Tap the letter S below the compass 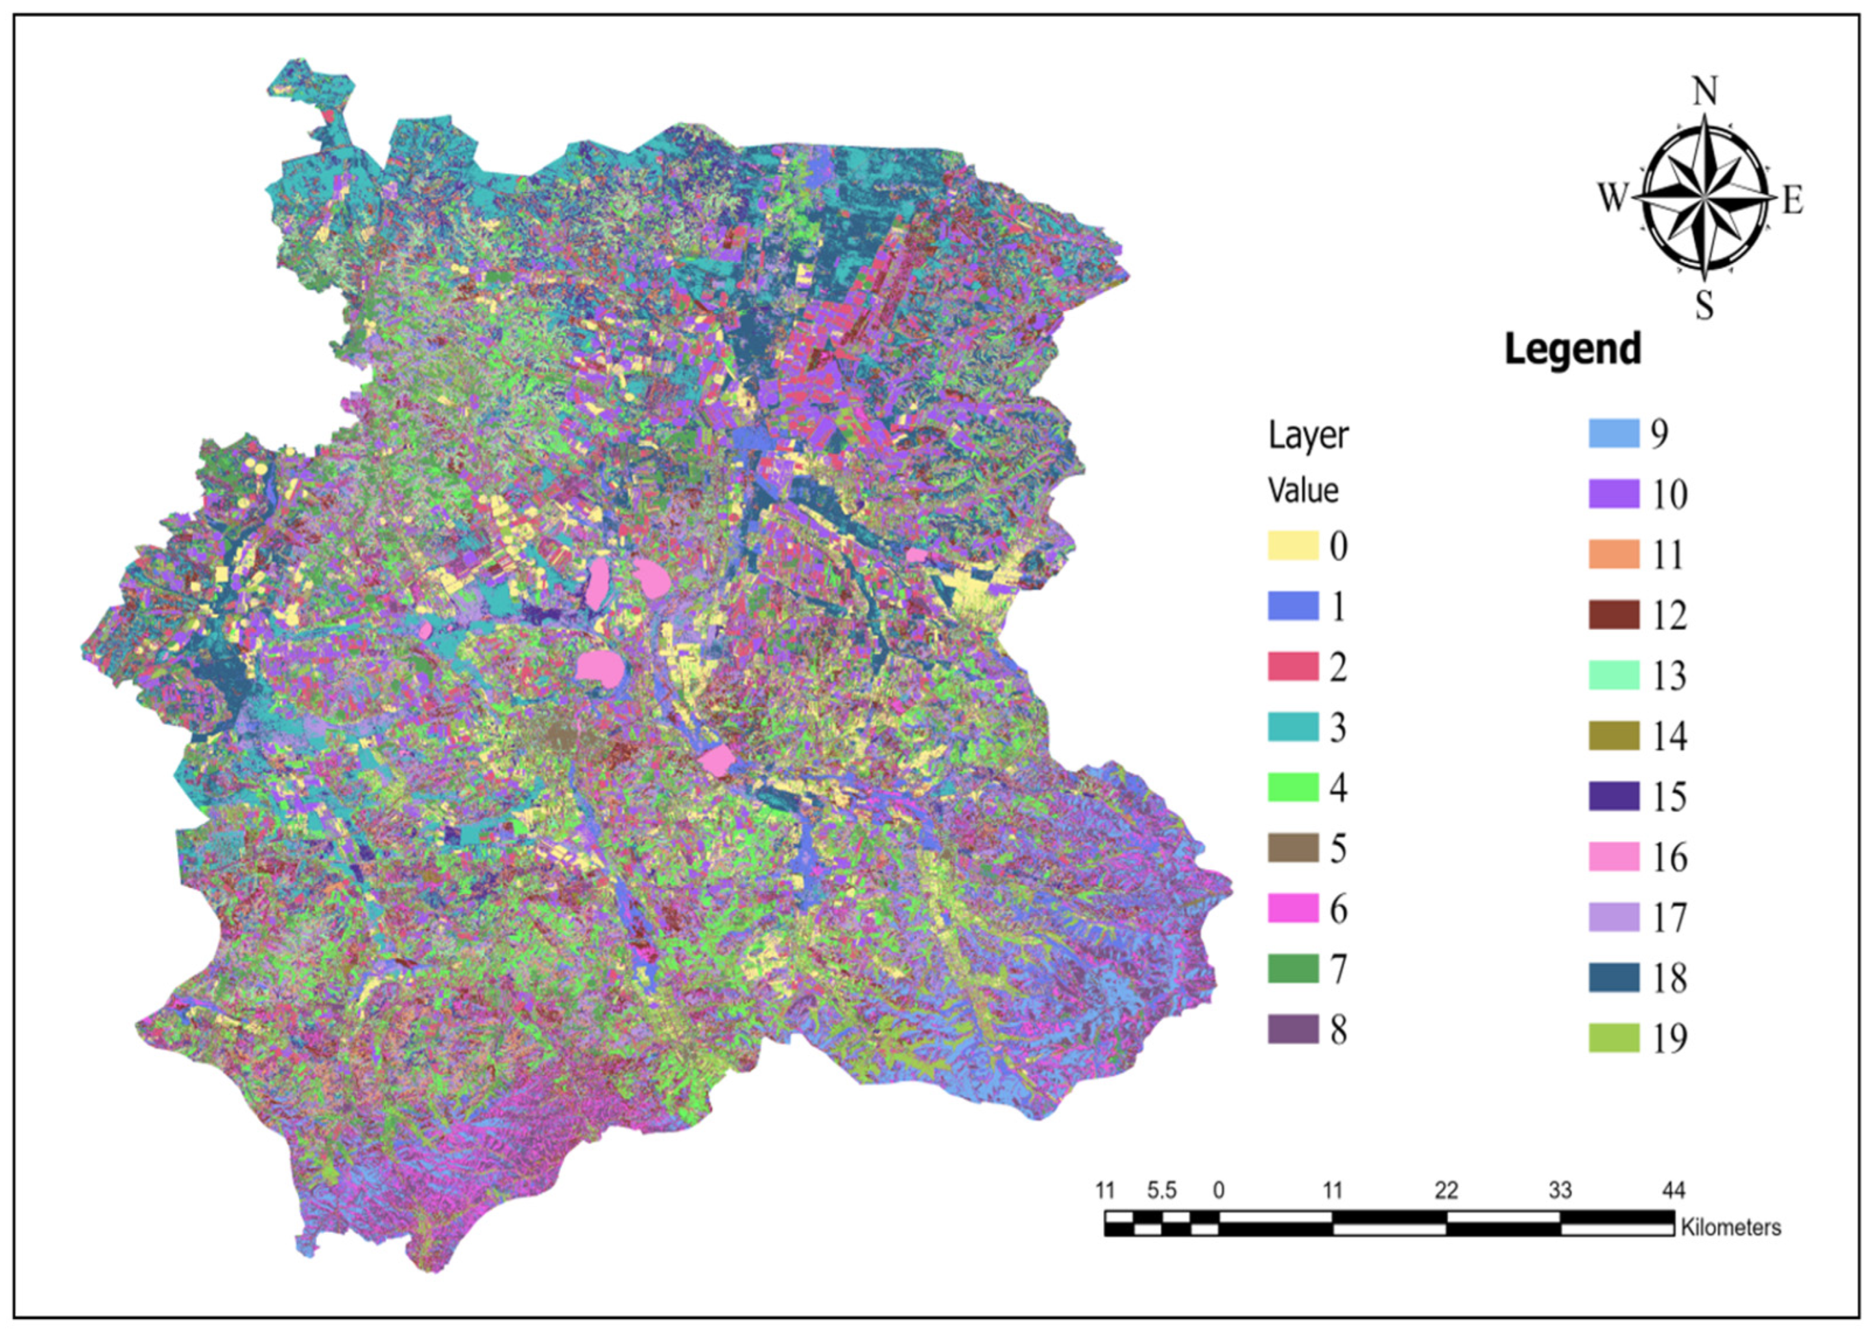click(x=1705, y=305)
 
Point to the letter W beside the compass click(x=1612, y=198)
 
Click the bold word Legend click(x=1572, y=349)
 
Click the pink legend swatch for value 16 click(x=1614, y=857)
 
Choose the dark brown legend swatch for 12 click(x=1614, y=615)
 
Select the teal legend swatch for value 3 click(x=1293, y=727)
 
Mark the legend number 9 click(x=1659, y=433)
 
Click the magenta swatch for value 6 click(x=1293, y=909)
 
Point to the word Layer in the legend click(x=1308, y=436)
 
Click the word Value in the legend click(x=1303, y=491)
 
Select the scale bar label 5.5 click(x=1161, y=1190)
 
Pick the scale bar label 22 click(x=1446, y=1190)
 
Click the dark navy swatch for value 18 click(x=1614, y=977)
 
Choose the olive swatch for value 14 click(x=1614, y=736)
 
